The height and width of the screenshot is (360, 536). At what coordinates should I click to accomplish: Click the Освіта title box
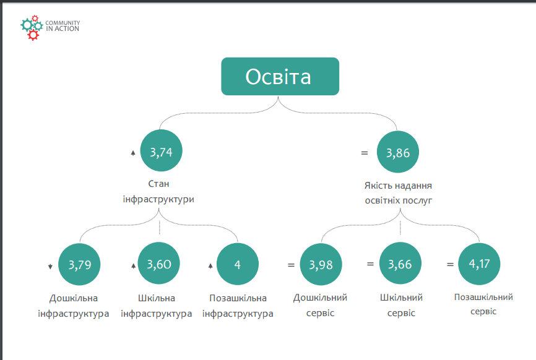coord(280,76)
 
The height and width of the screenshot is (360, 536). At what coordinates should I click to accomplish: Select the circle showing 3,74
coord(161,150)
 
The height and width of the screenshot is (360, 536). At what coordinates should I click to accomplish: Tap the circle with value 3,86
coord(397,152)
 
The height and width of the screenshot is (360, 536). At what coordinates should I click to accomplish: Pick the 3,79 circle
coord(79,264)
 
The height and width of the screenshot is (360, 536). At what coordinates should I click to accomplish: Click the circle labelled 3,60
coord(158,263)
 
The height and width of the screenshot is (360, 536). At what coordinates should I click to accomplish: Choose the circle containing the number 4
coord(238,264)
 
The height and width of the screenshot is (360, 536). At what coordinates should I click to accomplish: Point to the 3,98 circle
coord(321,264)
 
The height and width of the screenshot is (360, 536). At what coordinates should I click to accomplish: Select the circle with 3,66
coord(400,264)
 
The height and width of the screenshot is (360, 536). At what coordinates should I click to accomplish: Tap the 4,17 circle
coord(479,264)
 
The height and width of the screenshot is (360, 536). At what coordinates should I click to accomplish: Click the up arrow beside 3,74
coord(133,153)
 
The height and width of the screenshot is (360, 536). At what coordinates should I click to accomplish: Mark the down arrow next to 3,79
coord(50,267)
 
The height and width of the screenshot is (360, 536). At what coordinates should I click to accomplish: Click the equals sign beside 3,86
coord(365,153)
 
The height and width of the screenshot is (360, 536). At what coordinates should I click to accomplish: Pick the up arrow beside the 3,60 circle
coord(133,266)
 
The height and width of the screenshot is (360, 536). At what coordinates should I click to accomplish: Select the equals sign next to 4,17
coord(450,264)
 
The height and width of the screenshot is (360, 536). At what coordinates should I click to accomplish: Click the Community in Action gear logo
coord(32,28)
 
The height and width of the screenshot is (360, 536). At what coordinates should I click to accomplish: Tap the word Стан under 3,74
coord(158,184)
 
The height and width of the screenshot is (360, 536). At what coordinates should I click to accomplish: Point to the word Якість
coord(378,186)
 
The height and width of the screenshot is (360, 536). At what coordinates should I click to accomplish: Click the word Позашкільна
coord(238,298)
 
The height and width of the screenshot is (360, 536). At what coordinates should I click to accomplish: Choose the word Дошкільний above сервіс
coord(321,298)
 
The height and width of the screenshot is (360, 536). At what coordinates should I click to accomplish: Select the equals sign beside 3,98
coord(291,265)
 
